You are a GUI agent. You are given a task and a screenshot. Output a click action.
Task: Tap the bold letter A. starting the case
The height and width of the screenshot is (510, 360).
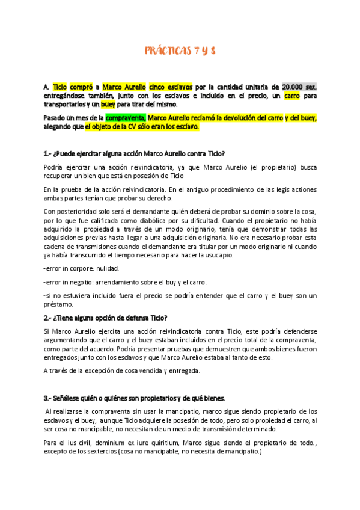coord(47,87)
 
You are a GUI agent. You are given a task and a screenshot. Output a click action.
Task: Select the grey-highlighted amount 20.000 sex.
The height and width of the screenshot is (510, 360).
coord(299,87)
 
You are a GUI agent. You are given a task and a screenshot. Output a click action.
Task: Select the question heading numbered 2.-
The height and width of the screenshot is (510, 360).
coord(106,318)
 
